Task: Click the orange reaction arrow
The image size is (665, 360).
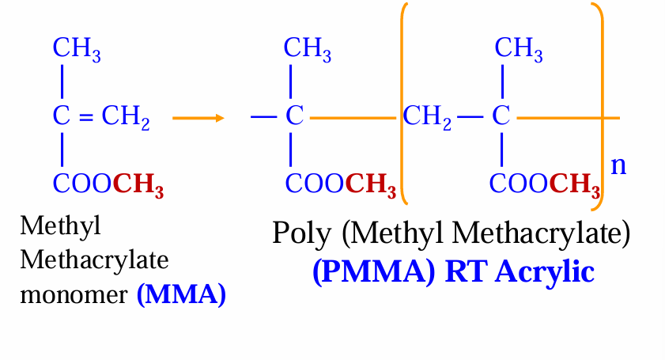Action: pyautogui.click(x=198, y=119)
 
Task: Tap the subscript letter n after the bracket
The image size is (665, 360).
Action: pyautogui.click(x=619, y=165)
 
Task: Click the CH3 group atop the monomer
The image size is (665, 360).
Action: pyautogui.click(x=77, y=49)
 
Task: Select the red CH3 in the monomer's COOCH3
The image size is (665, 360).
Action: pyautogui.click(x=138, y=186)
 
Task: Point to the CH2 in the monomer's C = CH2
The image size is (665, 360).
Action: pyautogui.click(x=126, y=119)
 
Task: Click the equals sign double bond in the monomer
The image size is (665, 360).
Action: pyautogui.click(x=87, y=119)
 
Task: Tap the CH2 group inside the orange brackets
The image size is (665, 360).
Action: pyautogui.click(x=427, y=119)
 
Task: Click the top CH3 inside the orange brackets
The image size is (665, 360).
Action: pyautogui.click(x=519, y=49)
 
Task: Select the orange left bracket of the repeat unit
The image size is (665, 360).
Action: pyautogui.click(x=402, y=103)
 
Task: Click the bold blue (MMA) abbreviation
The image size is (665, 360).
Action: pyautogui.click(x=181, y=295)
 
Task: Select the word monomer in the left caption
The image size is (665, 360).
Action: pyautogui.click(x=74, y=295)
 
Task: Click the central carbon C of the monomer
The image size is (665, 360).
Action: pyautogui.click(x=62, y=119)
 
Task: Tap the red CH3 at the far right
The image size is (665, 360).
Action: pyautogui.click(x=575, y=186)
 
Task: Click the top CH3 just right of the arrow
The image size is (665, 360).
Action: pyautogui.click(x=308, y=49)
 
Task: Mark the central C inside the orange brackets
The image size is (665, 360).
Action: pyautogui.click(x=501, y=119)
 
